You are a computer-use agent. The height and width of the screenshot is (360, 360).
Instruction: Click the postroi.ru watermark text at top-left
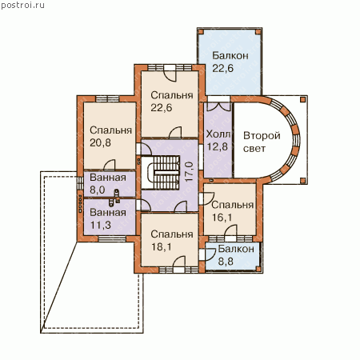click(x=23, y=6)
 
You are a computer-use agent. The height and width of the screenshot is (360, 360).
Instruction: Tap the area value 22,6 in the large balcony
click(x=222, y=68)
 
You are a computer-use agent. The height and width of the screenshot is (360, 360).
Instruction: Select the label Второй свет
click(x=262, y=142)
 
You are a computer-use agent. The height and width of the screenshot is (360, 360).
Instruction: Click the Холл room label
click(x=218, y=134)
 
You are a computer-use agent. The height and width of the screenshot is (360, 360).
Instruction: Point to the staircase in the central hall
click(x=161, y=173)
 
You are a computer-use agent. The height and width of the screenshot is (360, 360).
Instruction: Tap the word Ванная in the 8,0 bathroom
click(x=108, y=178)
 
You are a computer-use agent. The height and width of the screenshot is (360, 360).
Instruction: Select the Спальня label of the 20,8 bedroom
click(x=110, y=130)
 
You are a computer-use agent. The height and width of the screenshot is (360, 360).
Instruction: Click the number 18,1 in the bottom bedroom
click(x=162, y=247)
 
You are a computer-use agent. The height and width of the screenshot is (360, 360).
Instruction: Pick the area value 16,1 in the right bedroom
click(x=222, y=218)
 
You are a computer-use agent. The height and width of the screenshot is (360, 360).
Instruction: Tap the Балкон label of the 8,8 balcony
click(x=236, y=249)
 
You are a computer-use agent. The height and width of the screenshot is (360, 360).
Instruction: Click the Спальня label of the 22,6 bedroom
click(x=172, y=95)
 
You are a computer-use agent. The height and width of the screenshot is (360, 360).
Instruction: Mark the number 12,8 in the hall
click(x=218, y=146)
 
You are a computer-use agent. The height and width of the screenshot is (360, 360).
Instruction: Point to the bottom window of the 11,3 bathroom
click(x=112, y=239)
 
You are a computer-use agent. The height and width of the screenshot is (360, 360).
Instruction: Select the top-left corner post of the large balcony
click(x=201, y=32)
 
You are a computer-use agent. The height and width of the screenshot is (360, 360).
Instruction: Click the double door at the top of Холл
click(x=218, y=106)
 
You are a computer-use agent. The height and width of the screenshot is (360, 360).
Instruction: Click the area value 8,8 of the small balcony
click(x=226, y=262)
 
